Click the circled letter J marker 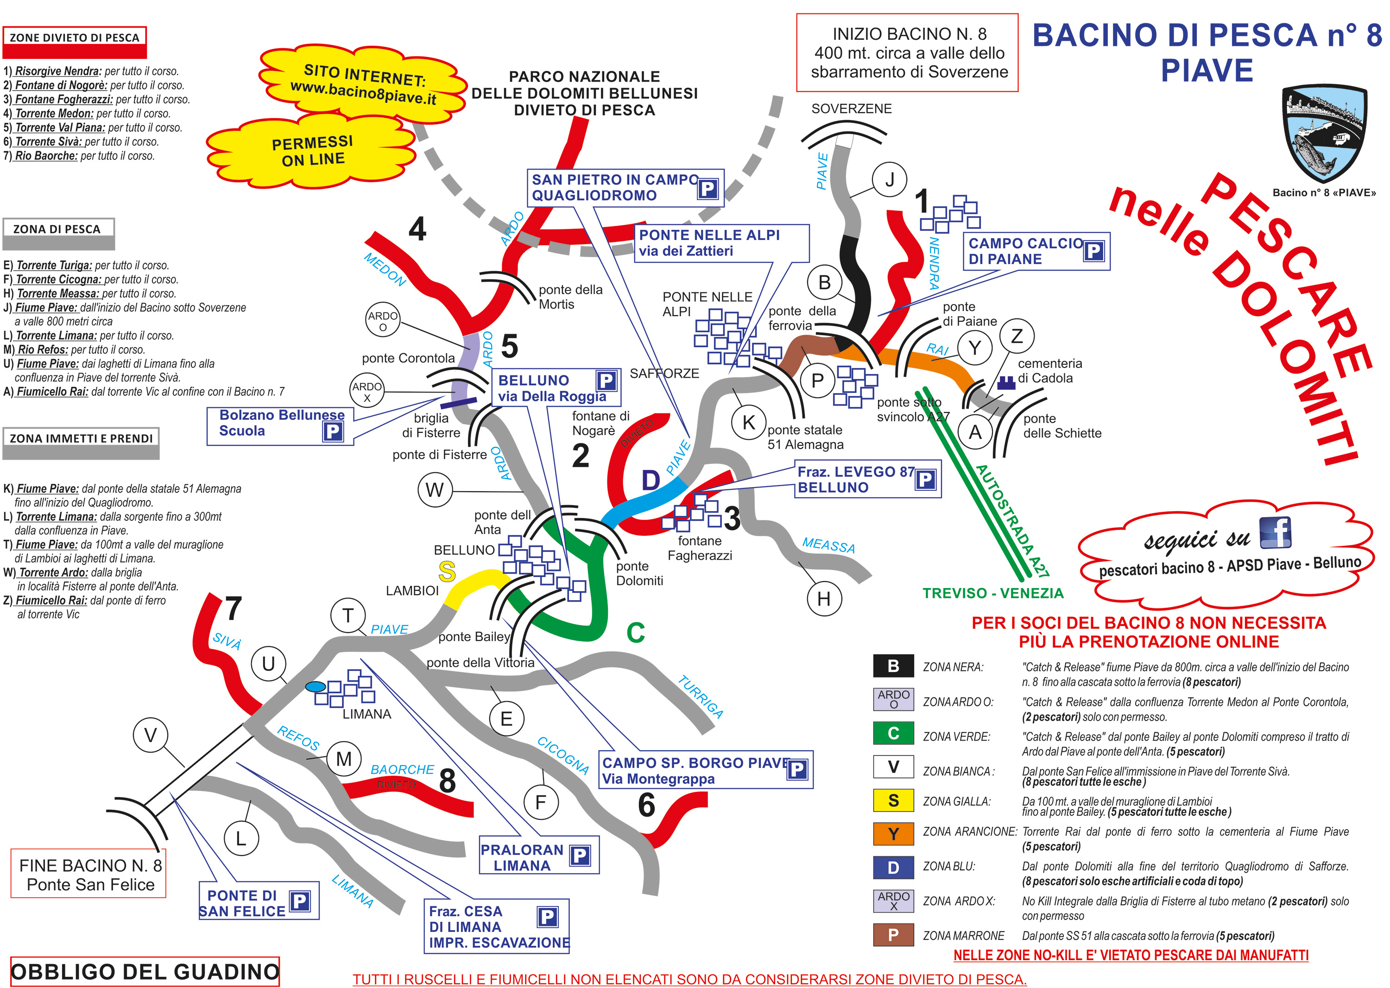click(x=889, y=180)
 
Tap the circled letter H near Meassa click(x=824, y=599)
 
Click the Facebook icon click(x=1275, y=533)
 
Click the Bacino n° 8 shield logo click(x=1324, y=134)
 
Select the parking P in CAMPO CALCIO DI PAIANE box click(x=1093, y=251)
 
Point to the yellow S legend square click(x=893, y=801)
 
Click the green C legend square click(x=893, y=733)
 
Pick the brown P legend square click(x=893, y=934)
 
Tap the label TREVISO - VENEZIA click(x=993, y=593)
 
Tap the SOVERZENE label click(x=851, y=109)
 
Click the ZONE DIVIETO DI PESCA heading click(x=74, y=38)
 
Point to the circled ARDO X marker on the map click(x=367, y=392)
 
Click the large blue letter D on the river click(x=651, y=480)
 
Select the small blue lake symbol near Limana click(x=315, y=687)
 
